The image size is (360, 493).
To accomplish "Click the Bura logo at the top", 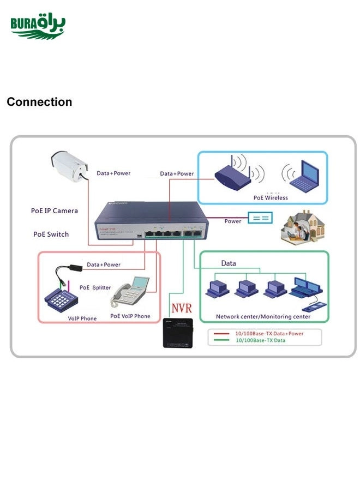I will (x=38, y=26).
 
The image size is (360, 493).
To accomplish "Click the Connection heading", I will (x=39, y=102).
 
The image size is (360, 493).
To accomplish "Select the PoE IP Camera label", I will (x=55, y=211).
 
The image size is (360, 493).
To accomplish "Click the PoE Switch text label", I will (x=51, y=234).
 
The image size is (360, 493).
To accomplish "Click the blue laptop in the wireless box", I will (x=304, y=175).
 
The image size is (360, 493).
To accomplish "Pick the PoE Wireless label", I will (x=271, y=197).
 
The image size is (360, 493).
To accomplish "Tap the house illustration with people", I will (x=302, y=225).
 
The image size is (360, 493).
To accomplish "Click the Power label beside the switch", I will (x=233, y=221).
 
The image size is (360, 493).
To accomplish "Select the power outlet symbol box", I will (x=261, y=218).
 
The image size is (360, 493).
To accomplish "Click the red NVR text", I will (x=181, y=308).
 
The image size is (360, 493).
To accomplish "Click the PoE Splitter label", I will (x=95, y=287).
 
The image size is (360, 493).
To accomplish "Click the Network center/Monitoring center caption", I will (x=263, y=316).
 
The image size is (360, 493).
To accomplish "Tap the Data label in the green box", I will (x=229, y=263).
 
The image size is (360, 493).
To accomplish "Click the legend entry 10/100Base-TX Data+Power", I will (x=269, y=333).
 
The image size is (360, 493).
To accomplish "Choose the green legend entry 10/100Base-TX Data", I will (x=260, y=340).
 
